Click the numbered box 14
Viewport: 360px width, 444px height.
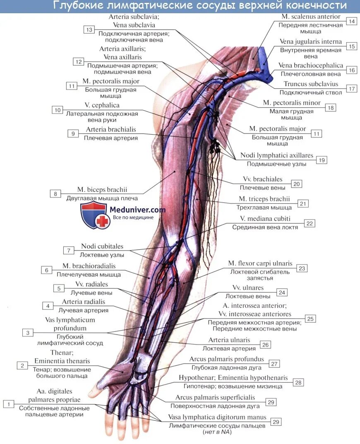(x=351, y=21)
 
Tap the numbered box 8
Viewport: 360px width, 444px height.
(x=55, y=193)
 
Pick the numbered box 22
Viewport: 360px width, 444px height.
(x=310, y=223)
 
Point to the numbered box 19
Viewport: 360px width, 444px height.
(x=322, y=159)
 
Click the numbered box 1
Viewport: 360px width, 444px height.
(x=8, y=403)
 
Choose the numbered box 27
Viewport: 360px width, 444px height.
(x=274, y=363)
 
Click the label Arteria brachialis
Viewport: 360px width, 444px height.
(x=111, y=130)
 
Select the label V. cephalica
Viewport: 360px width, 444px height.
(x=102, y=105)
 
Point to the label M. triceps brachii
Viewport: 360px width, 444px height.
(x=264, y=199)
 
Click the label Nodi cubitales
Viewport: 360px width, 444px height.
(x=102, y=246)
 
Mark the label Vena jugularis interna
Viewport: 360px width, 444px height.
(x=311, y=41)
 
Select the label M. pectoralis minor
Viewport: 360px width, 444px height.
(x=292, y=103)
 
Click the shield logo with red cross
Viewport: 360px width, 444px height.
(x=95, y=215)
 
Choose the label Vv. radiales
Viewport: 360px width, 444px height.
(x=91, y=284)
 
